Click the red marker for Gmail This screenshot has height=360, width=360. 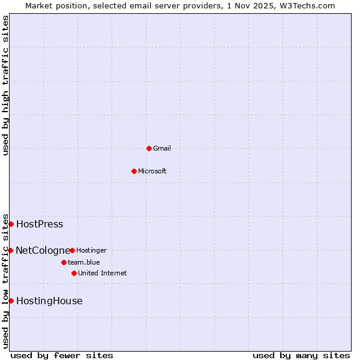(149, 148)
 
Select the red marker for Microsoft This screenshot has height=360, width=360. (134, 171)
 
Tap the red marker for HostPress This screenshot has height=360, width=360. (11, 224)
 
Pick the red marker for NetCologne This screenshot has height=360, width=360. (10, 250)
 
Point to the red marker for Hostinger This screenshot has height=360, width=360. (72, 250)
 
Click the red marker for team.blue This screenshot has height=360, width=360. (64, 262)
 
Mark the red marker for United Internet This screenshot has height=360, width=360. (74, 273)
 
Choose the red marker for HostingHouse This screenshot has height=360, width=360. (11, 301)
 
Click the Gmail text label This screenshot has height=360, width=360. (162, 148)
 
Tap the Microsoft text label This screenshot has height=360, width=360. (152, 171)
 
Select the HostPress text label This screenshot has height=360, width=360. (40, 224)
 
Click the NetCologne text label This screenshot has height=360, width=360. (43, 250)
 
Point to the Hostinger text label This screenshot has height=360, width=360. (91, 250)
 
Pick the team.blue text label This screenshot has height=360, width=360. (84, 262)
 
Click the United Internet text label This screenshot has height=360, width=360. (103, 273)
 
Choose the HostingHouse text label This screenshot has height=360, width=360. (49, 301)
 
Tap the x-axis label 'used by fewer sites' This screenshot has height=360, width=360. (62, 355)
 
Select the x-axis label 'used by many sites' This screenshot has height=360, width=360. (301, 355)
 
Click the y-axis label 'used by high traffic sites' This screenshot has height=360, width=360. (5, 85)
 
